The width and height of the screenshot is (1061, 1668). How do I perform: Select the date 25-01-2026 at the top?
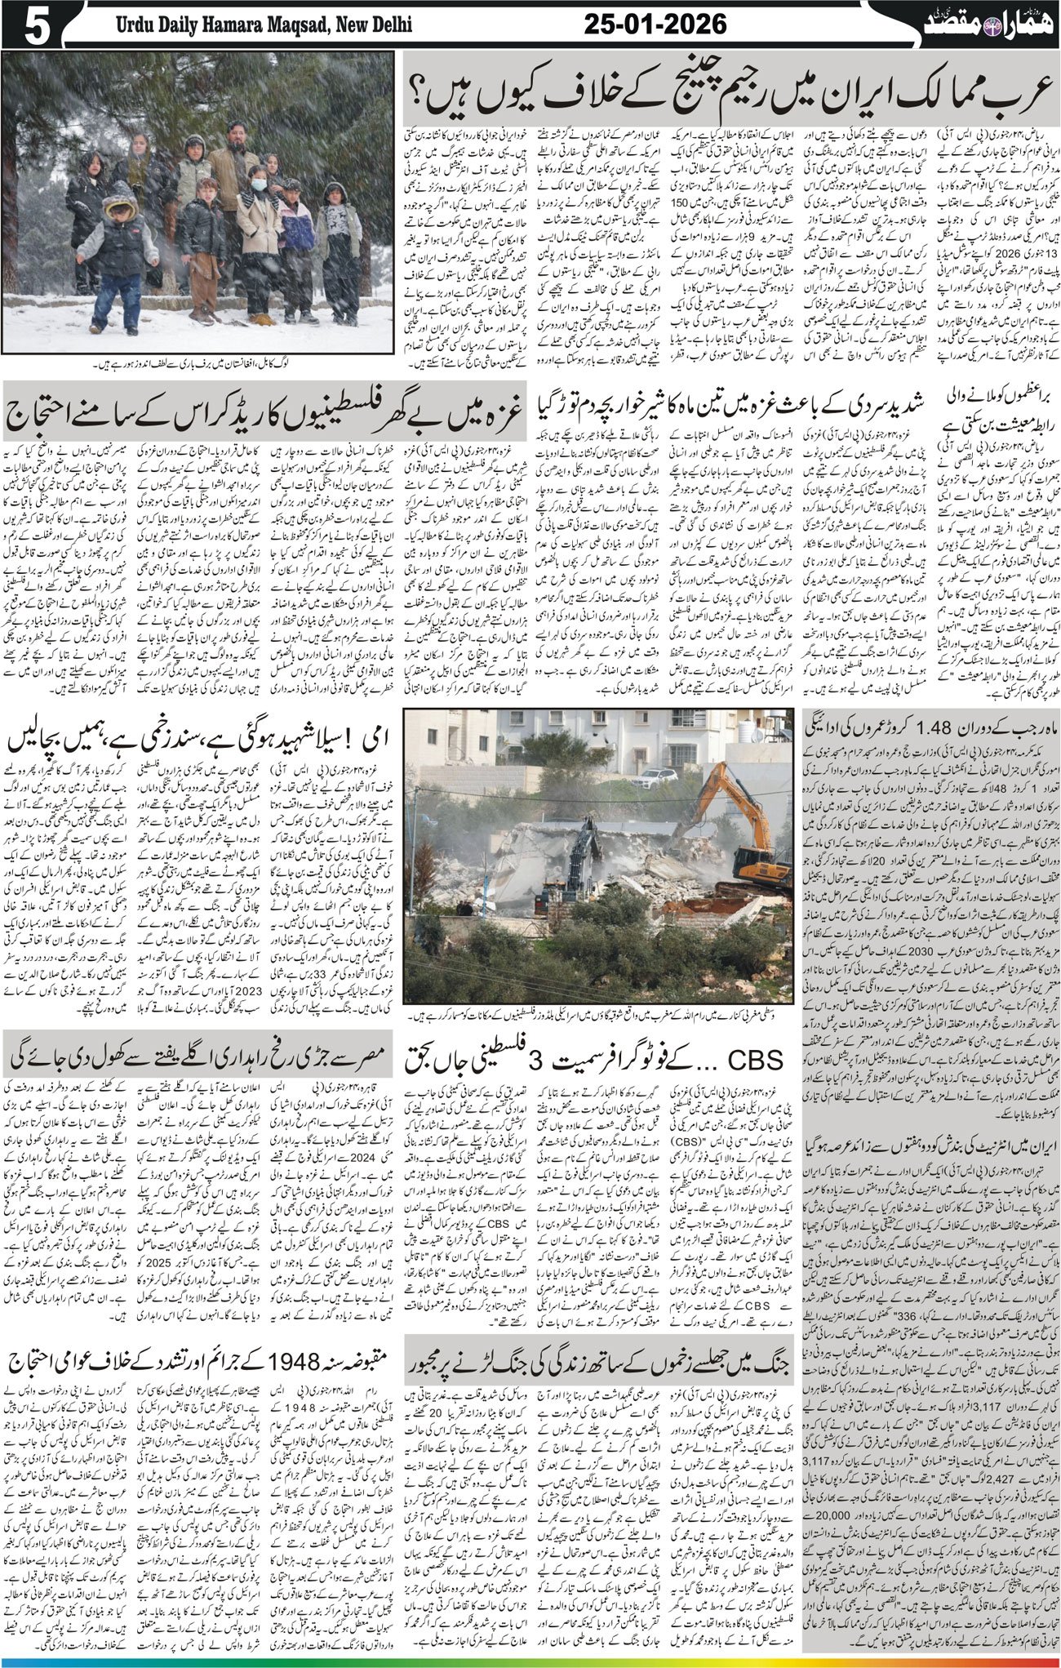(x=655, y=24)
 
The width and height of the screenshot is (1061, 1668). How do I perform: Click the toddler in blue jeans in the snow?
(x=118, y=261)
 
